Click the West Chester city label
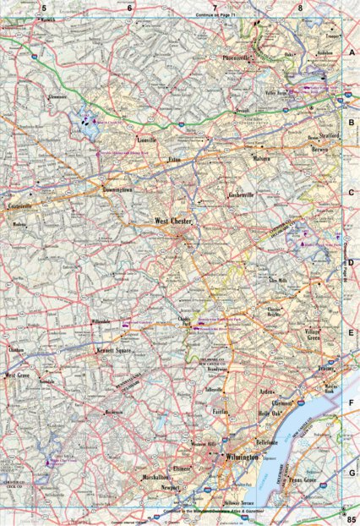[x=174, y=222]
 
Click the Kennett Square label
[x=117, y=348]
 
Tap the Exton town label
[x=176, y=158]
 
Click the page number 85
[x=351, y=517]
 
